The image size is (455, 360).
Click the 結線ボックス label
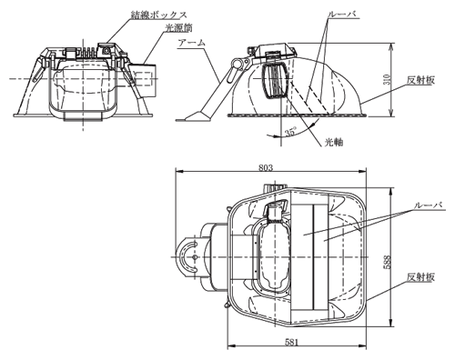(159, 15)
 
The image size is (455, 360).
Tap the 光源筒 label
(178, 28)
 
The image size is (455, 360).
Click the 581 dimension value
(292, 342)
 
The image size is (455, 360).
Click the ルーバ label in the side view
(343, 15)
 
